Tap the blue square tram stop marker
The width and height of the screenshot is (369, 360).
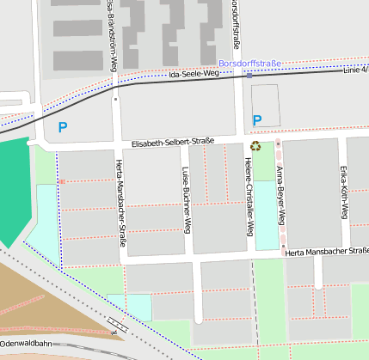249,76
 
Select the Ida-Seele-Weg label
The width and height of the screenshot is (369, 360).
195,76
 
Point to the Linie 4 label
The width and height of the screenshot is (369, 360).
355,69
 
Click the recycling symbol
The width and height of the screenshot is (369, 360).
255,145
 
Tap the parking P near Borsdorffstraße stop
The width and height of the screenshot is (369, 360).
256,120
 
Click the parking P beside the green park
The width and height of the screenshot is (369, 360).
61,127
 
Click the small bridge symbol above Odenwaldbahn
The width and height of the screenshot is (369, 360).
114,324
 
